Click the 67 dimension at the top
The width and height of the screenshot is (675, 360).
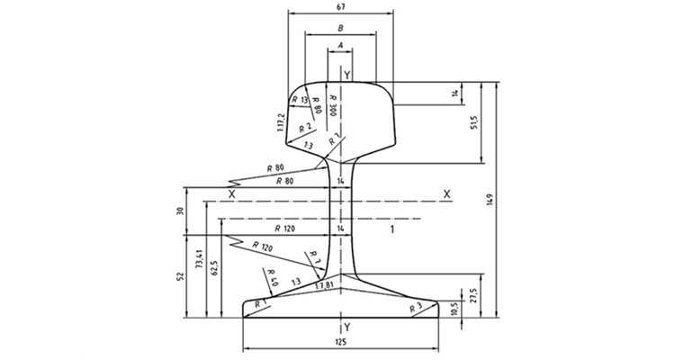tap(339, 7)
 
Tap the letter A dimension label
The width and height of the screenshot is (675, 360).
tap(339, 45)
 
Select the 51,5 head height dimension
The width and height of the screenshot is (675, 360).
tap(474, 122)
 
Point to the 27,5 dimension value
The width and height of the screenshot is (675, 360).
tap(474, 295)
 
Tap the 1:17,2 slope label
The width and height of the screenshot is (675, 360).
tap(283, 121)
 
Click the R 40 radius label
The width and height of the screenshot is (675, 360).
tap(273, 277)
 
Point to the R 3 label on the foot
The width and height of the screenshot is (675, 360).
tap(416, 308)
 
